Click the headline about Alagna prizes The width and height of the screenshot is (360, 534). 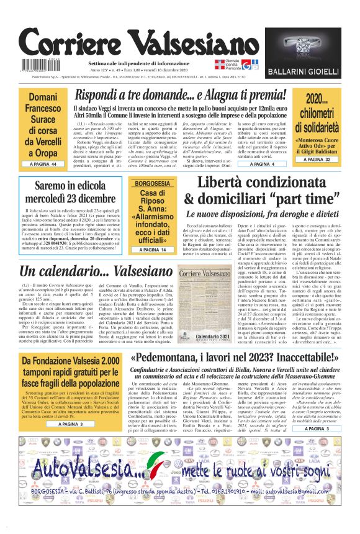[181, 96]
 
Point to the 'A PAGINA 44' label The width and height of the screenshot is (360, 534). [42, 164]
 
